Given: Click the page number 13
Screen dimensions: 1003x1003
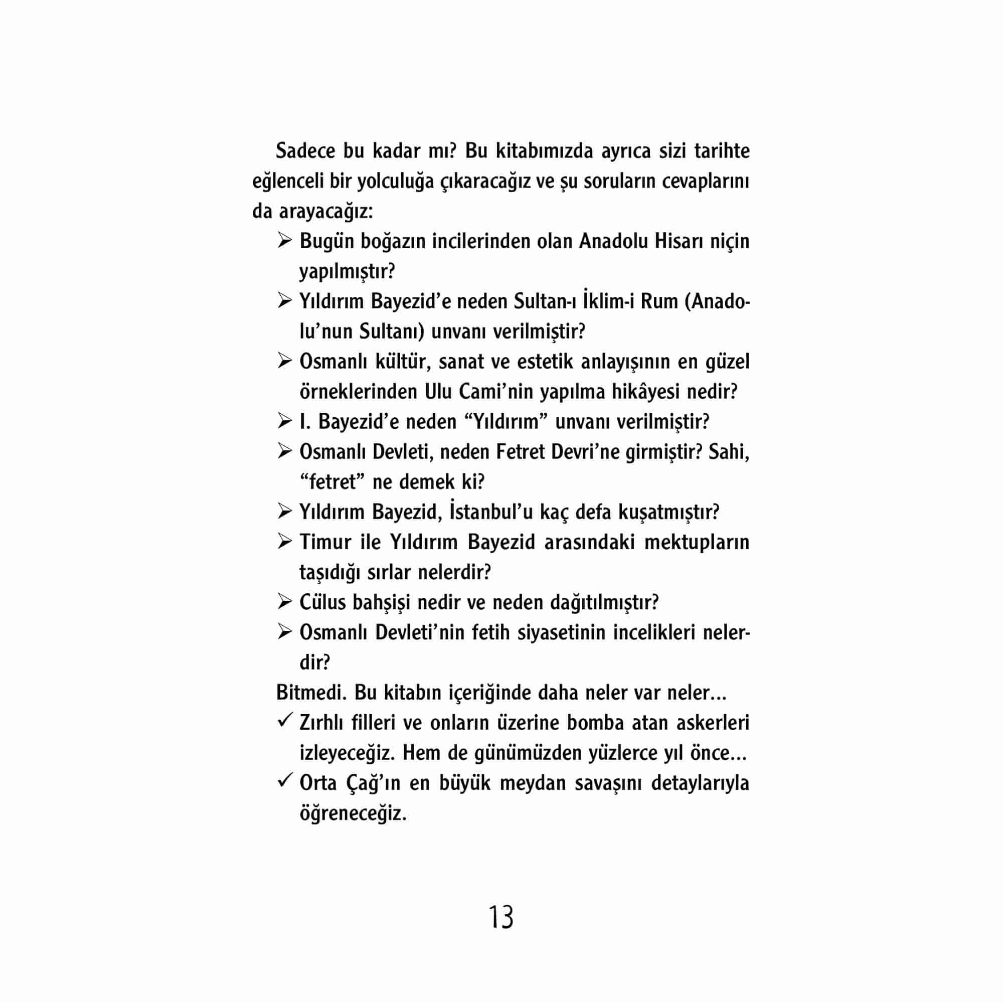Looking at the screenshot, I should click(x=501, y=918).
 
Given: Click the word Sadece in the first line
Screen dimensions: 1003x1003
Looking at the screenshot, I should click(x=305, y=151).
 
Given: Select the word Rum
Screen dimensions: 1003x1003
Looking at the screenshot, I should click(x=659, y=301).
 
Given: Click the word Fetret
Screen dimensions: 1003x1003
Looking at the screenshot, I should click(x=520, y=452).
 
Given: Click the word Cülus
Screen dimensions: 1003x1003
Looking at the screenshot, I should click(x=322, y=603).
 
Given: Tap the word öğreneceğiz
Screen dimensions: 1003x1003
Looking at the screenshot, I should click(x=353, y=813).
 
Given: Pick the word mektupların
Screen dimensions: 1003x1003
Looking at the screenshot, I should click(x=697, y=543).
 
